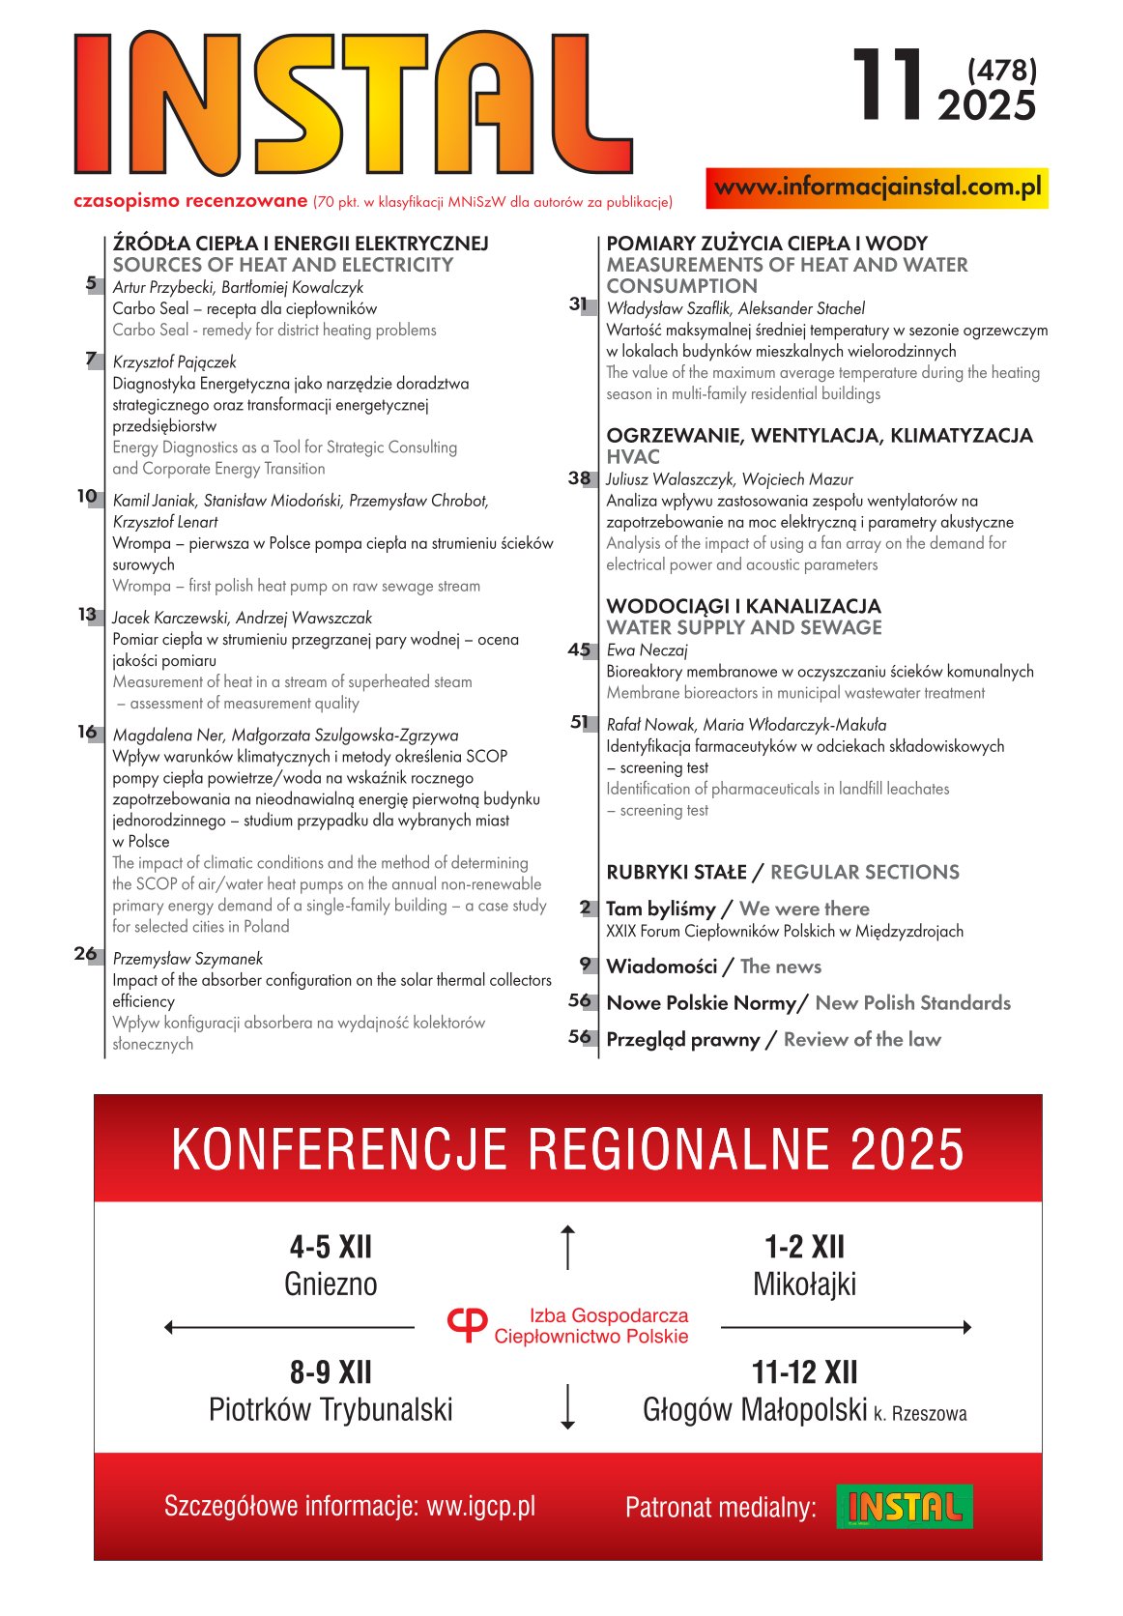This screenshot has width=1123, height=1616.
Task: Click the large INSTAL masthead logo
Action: [353, 103]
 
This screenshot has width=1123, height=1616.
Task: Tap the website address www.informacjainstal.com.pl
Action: [878, 188]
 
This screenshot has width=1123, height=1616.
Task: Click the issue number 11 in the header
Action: [888, 87]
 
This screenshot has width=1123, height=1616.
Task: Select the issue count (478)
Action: [1001, 70]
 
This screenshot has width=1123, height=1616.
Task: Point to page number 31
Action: [579, 304]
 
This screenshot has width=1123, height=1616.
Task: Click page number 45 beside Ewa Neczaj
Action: [579, 650]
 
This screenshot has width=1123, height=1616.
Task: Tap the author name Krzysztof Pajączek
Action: [174, 362]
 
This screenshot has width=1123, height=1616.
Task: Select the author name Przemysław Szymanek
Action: [187, 959]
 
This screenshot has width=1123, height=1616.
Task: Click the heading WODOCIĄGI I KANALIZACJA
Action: [743, 606]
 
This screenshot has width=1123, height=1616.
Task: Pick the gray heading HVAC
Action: [633, 457]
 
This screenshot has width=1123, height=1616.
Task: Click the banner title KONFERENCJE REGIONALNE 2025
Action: [567, 1149]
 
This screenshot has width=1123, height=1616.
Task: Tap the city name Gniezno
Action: [331, 1284]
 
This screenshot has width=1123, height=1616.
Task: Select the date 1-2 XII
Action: [804, 1247]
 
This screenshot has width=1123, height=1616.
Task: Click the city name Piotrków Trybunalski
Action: [331, 1410]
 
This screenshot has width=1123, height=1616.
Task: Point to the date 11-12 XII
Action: [804, 1372]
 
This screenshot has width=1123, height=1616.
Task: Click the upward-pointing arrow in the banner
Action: [568, 1247]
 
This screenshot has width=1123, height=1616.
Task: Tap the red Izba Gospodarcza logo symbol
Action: [468, 1325]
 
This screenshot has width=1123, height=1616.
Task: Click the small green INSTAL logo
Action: [904, 1507]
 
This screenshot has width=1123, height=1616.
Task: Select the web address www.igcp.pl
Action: [480, 1506]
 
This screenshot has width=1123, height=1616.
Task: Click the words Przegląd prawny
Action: [682, 1040]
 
